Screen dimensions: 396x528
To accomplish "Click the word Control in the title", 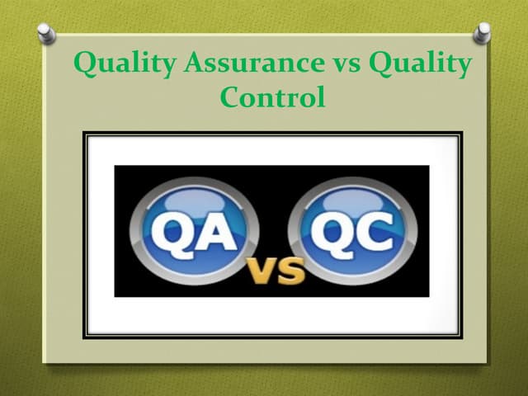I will [272, 98].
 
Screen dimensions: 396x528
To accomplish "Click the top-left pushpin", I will [46, 33].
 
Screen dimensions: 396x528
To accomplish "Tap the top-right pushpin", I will [483, 33].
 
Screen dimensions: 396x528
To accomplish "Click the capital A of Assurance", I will [191, 64].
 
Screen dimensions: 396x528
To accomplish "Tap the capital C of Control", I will [232, 98].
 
